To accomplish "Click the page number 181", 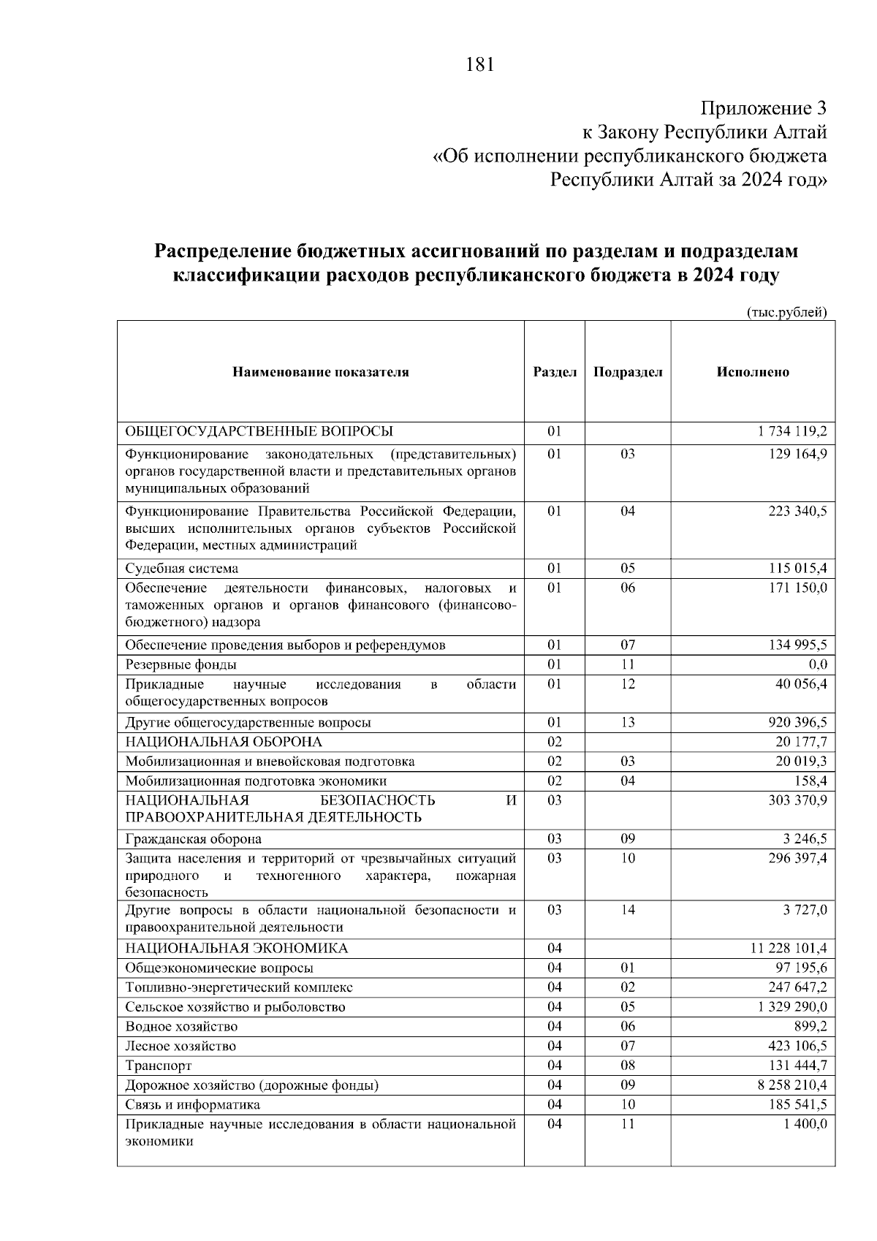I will click(x=480, y=65).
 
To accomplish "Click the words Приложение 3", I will click(x=764, y=109).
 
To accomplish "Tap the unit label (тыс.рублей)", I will click(x=786, y=312).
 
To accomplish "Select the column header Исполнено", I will click(x=753, y=372).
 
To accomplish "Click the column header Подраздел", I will click(x=628, y=372).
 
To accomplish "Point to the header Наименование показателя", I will click(x=321, y=372).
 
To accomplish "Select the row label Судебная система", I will click(x=182, y=569).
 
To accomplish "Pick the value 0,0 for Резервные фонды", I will click(x=818, y=664).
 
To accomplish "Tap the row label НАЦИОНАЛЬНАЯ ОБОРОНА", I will click(x=224, y=742).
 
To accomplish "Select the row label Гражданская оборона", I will click(x=194, y=839).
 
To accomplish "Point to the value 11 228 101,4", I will click(x=789, y=949).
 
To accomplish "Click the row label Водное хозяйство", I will click(x=181, y=1026).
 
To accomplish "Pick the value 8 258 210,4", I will click(x=792, y=1085).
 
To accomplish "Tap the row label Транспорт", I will click(x=159, y=1066).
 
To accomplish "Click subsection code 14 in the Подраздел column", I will click(x=628, y=910).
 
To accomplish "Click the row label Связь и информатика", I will click(x=193, y=1104).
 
